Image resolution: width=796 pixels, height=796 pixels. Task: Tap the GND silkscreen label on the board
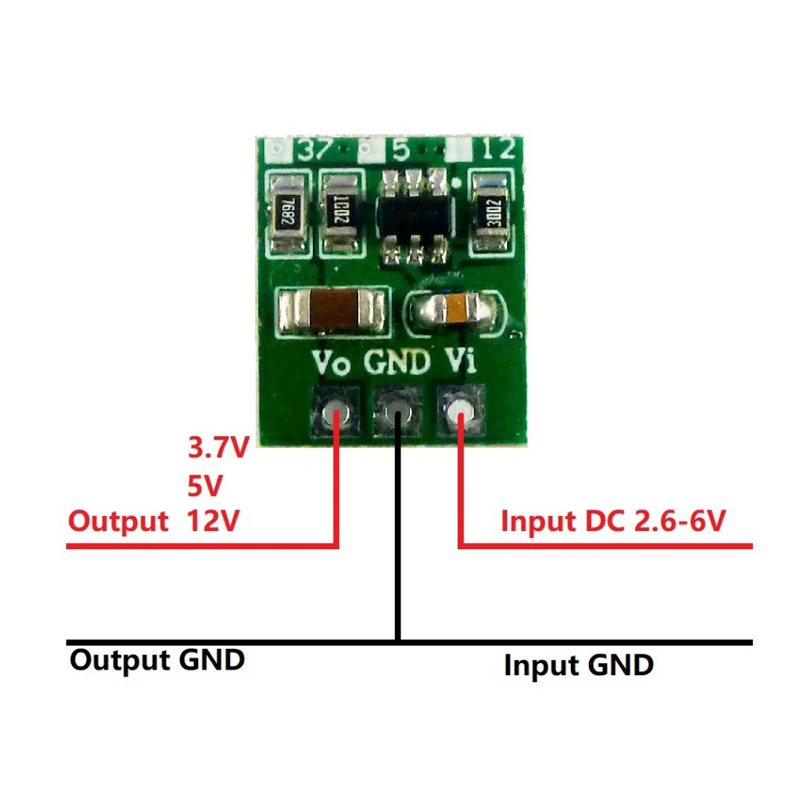[397, 363]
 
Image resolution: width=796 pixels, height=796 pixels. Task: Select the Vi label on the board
[460, 363]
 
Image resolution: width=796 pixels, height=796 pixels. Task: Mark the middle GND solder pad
[397, 412]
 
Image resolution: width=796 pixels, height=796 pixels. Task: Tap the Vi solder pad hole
[460, 412]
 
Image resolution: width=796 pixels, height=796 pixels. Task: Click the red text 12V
[213, 521]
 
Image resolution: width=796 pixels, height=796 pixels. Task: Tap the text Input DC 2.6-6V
[613, 521]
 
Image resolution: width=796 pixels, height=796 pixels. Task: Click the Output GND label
[158, 660]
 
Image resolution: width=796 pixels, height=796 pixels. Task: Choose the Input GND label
[579, 665]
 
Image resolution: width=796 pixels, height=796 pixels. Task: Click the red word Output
[118, 521]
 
